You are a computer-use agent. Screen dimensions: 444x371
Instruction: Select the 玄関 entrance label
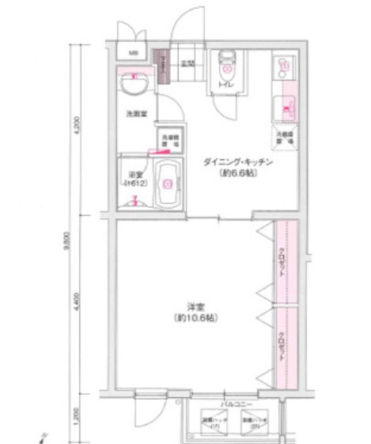tap(187, 62)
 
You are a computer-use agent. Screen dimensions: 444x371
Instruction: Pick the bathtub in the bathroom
tap(168, 183)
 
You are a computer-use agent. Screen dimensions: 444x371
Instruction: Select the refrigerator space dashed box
tap(285, 134)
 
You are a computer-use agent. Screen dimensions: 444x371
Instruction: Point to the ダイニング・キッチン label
tap(238, 161)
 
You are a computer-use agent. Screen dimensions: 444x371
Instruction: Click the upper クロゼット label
tap(282, 263)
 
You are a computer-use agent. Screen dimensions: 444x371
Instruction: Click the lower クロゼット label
tap(282, 348)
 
